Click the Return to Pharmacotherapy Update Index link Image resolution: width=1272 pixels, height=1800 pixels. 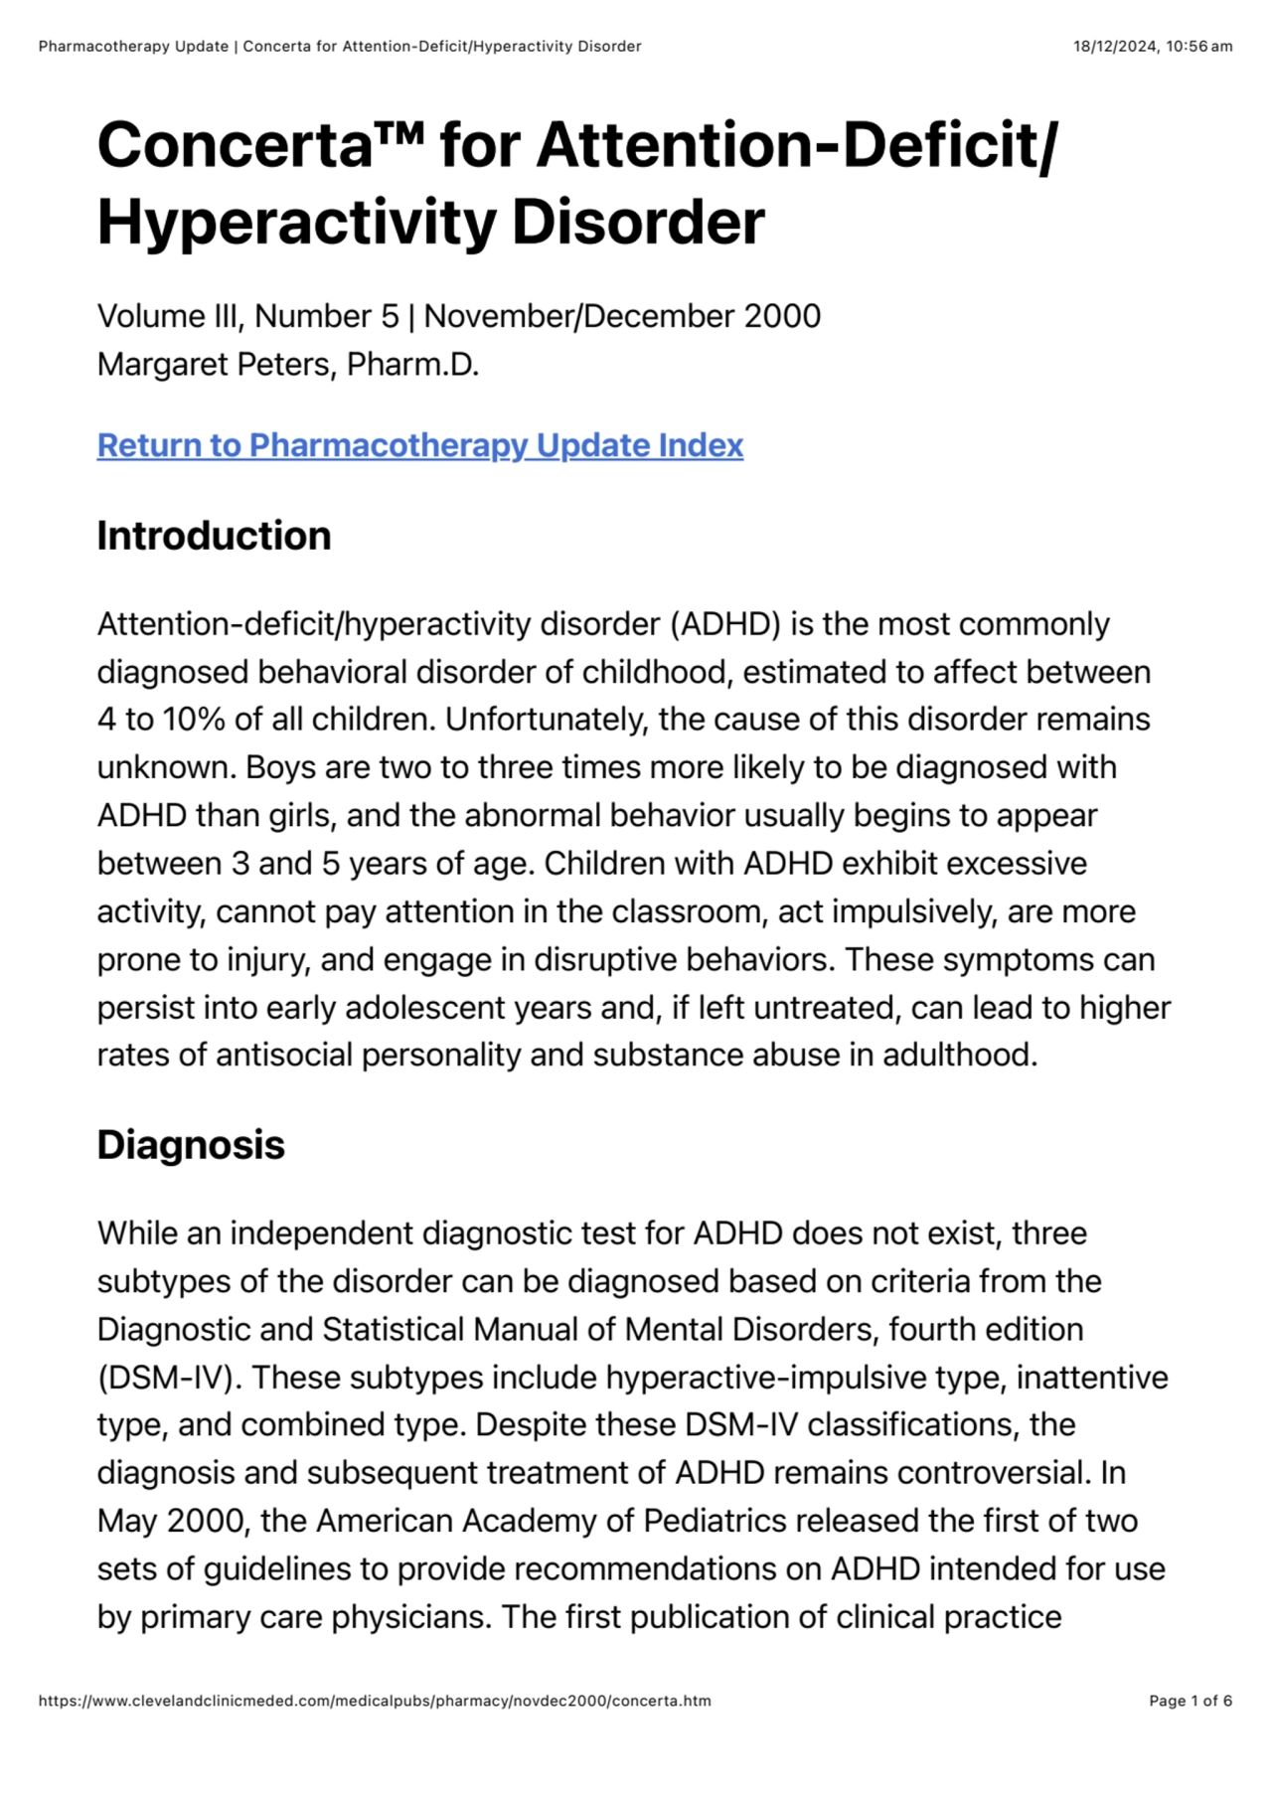coord(419,445)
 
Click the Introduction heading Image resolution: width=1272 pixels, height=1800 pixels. coord(214,536)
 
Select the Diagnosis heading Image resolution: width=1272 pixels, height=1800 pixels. coord(191,1145)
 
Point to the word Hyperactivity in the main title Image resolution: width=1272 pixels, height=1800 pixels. coord(296,222)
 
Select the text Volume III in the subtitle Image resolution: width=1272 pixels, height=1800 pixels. coord(167,316)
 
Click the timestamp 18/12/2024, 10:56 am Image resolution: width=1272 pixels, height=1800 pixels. coord(1153,47)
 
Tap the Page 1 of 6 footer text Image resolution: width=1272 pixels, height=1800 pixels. coord(1191,1701)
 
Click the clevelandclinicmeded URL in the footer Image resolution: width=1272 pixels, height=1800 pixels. coord(375,1701)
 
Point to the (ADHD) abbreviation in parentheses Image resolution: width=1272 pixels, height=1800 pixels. coord(725,624)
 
